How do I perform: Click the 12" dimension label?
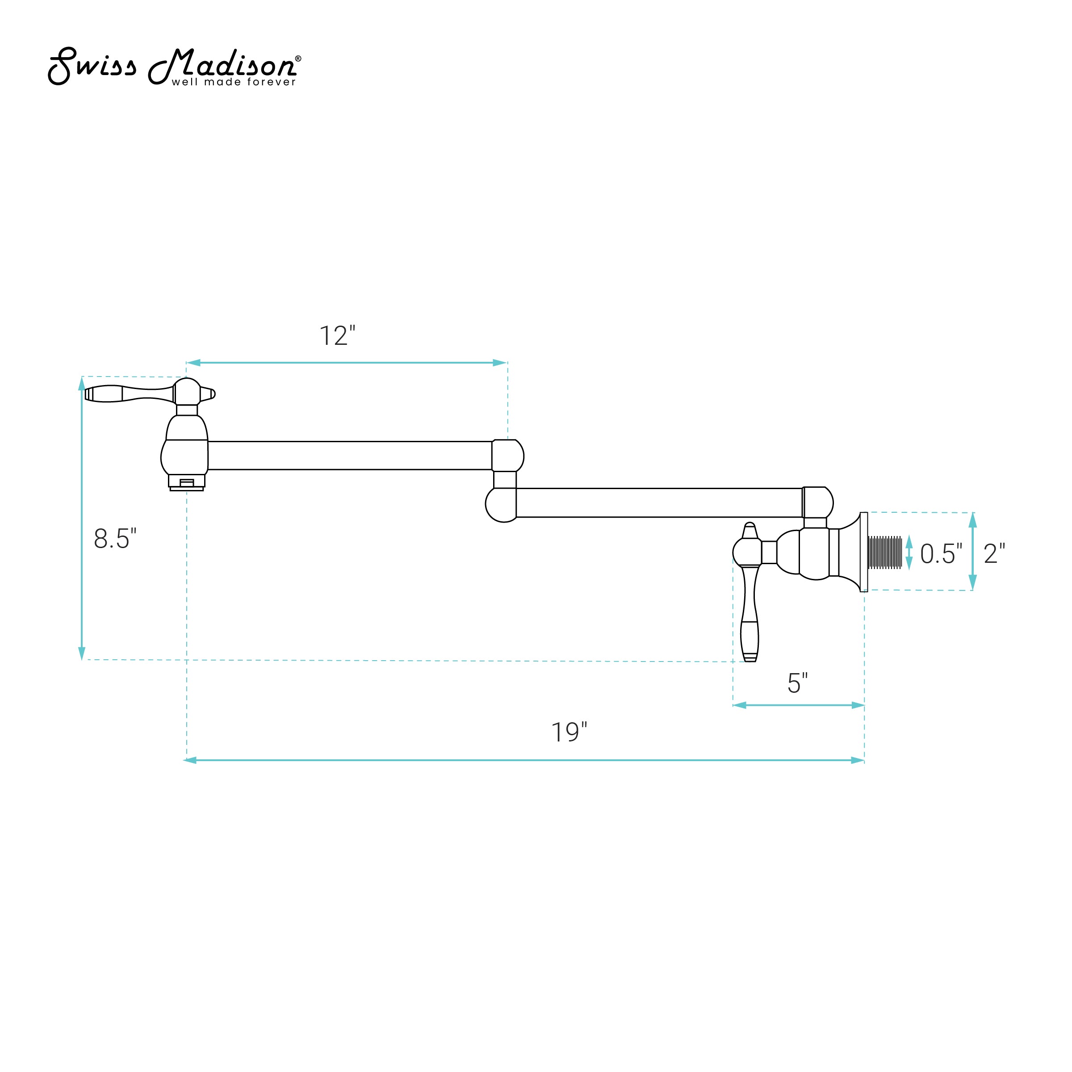coord(337,336)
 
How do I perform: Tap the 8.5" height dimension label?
coord(115,538)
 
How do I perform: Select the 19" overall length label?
coord(569,733)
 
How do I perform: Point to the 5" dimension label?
coord(797,683)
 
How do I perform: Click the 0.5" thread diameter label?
coord(941,553)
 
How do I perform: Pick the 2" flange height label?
coord(994,553)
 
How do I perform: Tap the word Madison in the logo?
coord(222,64)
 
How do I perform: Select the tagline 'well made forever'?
coord(234,82)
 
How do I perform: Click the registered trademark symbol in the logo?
coord(298,58)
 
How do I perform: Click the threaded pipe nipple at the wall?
coord(884,552)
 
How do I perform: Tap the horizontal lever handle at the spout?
coord(129,394)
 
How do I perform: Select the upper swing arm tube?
coord(350,456)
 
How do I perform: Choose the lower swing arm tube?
coord(659,502)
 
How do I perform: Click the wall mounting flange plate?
coord(863,552)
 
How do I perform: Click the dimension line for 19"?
coord(524,760)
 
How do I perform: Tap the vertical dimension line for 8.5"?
coord(82,518)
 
